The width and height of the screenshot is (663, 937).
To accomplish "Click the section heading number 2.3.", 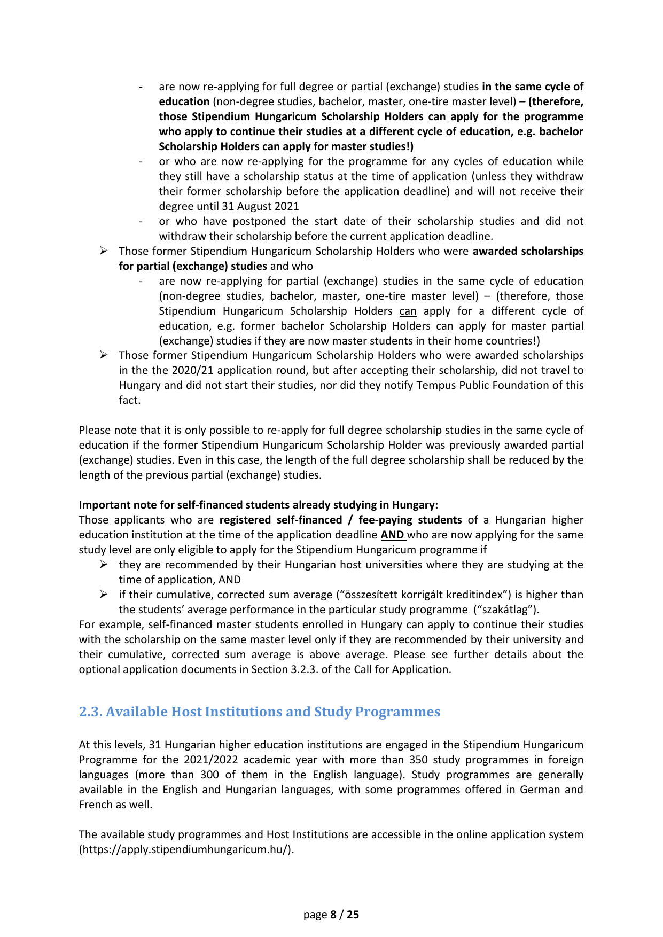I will click(x=90, y=712).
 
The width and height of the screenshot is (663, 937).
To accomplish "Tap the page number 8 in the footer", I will click(x=333, y=915).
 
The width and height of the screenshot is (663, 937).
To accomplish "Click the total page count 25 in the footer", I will click(x=353, y=915).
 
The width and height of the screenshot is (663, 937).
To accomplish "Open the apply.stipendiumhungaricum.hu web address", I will click(x=186, y=849).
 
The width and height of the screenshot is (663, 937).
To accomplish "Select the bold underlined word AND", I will click(x=393, y=535).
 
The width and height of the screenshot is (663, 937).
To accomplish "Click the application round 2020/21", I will click(x=191, y=370).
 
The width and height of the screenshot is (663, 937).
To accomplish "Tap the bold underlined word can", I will click(x=437, y=116).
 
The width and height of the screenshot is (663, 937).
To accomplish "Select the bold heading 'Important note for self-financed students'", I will click(x=258, y=505).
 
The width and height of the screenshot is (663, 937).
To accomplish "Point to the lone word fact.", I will click(x=129, y=400).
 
